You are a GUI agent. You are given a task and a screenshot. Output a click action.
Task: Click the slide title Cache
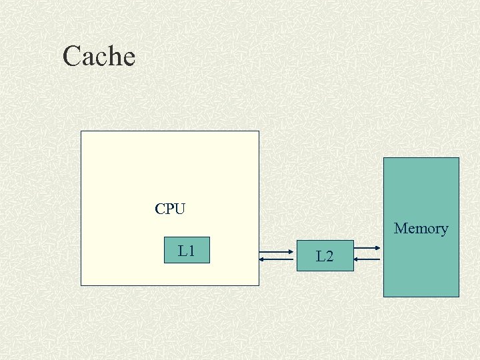point(99,56)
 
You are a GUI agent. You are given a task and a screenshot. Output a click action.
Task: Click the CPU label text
point(170,209)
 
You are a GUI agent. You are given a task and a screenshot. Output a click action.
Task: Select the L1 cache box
point(187,250)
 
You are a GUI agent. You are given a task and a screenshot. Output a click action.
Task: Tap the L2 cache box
point(325,255)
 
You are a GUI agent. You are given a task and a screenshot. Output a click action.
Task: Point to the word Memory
point(421,229)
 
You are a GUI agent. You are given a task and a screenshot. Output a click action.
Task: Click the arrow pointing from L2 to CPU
point(277,259)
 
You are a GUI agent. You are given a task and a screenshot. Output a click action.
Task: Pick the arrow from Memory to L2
point(367,259)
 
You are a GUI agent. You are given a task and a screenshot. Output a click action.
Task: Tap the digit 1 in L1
point(191,251)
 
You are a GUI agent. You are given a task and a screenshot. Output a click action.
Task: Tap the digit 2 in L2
point(329,256)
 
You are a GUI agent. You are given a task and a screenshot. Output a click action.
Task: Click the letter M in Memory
point(401,229)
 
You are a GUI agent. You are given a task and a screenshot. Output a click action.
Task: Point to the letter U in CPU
point(179,209)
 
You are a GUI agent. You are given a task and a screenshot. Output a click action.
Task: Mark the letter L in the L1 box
point(182,251)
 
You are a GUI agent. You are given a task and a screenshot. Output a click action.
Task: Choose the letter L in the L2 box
point(320,256)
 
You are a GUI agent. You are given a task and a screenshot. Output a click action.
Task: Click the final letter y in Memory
point(444,230)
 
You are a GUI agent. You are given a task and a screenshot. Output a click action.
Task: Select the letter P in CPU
point(169,209)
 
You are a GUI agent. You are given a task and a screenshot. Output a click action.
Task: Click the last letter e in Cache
point(129,58)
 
